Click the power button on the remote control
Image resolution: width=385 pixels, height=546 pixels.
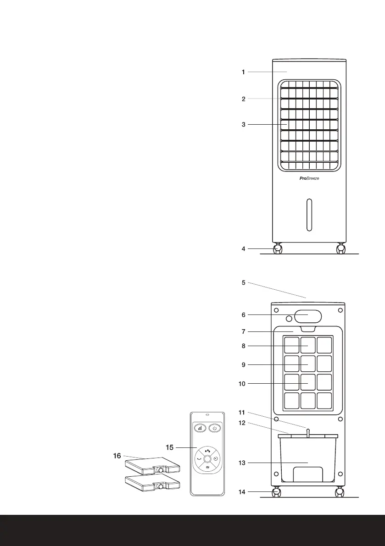[x=215, y=428]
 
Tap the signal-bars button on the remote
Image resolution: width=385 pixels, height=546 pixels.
[x=200, y=428]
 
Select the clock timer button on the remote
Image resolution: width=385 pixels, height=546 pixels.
[x=216, y=458]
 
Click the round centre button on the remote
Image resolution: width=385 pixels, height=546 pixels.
[x=207, y=458]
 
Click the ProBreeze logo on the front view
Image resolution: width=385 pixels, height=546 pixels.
[x=306, y=179]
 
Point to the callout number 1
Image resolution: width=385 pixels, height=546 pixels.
[x=244, y=72]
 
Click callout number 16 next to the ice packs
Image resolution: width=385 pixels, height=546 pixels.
[x=117, y=456]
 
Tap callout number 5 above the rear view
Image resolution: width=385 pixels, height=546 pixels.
[x=244, y=283]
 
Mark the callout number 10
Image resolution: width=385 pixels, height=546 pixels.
[x=243, y=383]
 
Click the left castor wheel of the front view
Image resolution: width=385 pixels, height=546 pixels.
[x=278, y=249]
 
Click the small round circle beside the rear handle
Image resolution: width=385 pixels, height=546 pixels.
[x=289, y=319]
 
